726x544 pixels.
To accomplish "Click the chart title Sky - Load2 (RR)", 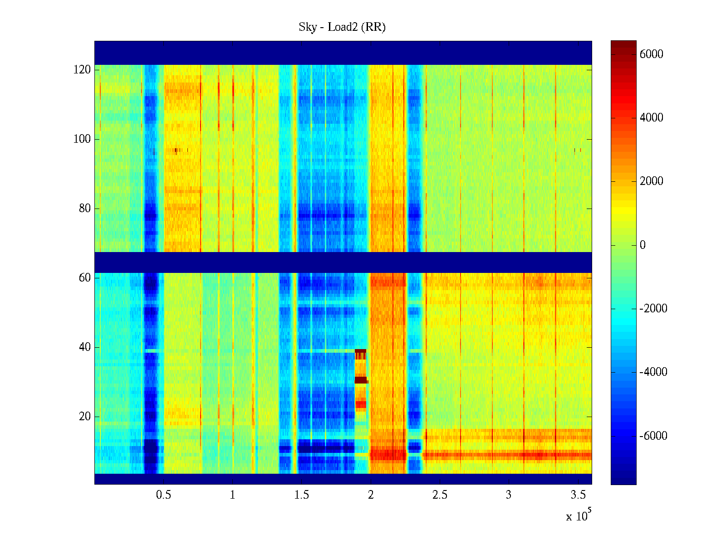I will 342,27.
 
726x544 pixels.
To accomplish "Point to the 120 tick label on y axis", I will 82,70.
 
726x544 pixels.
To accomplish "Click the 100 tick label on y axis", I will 82,139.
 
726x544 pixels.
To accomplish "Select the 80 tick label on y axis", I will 84,209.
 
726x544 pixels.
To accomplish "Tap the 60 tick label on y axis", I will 84,278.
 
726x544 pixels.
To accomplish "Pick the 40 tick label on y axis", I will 84,347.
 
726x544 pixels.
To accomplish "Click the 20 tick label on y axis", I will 84,417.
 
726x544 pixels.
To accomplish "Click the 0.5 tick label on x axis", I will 163,495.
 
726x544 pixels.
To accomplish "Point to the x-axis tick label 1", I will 232,495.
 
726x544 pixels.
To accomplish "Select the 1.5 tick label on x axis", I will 301,495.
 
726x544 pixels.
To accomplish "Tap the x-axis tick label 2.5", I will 439,495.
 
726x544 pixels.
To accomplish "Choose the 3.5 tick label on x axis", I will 578,495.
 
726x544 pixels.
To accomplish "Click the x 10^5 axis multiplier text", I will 579,516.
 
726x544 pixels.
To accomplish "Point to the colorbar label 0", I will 643,245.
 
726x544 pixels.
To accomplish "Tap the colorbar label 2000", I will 651,181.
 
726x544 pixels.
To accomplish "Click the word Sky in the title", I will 308,27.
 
